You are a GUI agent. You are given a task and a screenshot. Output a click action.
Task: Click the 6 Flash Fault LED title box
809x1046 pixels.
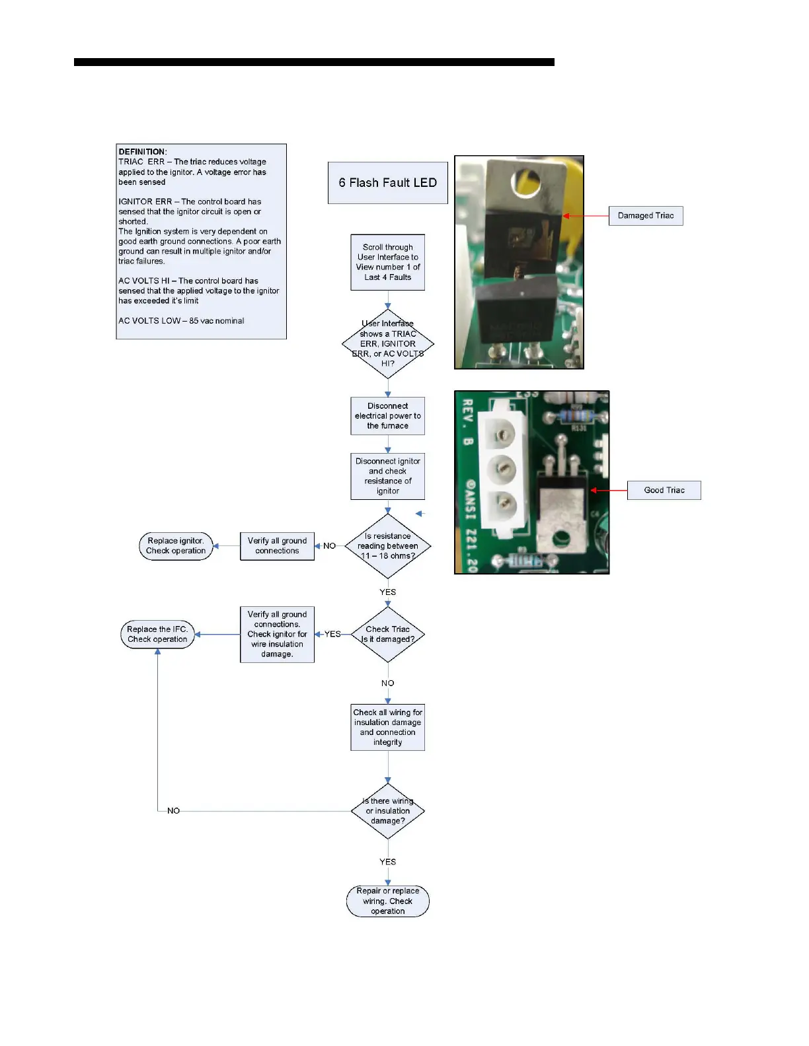click(x=388, y=183)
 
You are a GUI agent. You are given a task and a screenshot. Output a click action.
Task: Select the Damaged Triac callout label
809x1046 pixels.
click(x=645, y=216)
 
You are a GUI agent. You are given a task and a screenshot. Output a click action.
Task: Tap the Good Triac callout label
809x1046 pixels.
click(x=664, y=490)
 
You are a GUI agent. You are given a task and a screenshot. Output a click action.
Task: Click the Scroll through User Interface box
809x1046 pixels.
click(x=388, y=262)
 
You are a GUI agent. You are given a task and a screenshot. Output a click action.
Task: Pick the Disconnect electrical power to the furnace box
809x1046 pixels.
click(x=388, y=416)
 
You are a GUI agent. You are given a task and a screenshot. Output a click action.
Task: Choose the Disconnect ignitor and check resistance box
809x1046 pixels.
click(x=388, y=476)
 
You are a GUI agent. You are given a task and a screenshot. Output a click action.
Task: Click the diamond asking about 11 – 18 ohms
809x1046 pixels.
click(x=388, y=546)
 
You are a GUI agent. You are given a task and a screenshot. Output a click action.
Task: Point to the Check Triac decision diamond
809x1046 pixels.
click(x=388, y=634)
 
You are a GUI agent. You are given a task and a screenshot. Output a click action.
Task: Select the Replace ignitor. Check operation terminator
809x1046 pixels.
click(x=176, y=546)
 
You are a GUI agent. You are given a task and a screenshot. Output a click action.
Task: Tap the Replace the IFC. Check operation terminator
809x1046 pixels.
click(x=157, y=635)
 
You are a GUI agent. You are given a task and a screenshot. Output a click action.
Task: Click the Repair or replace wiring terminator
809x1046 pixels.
click(x=388, y=901)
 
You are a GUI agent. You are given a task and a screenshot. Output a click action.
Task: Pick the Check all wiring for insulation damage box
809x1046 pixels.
click(x=388, y=727)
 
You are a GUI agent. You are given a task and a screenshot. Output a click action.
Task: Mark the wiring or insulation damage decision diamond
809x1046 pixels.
click(x=388, y=811)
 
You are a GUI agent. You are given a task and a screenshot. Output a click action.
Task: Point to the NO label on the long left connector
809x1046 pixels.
click(x=173, y=811)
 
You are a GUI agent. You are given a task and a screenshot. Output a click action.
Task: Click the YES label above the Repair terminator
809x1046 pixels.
click(x=388, y=862)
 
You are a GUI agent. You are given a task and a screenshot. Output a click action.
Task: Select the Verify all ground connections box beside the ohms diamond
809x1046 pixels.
click(x=278, y=546)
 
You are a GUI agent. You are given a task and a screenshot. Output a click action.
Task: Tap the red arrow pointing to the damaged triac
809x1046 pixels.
click(x=585, y=216)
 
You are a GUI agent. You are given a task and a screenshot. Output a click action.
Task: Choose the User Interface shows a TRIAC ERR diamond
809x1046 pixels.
click(x=388, y=343)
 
